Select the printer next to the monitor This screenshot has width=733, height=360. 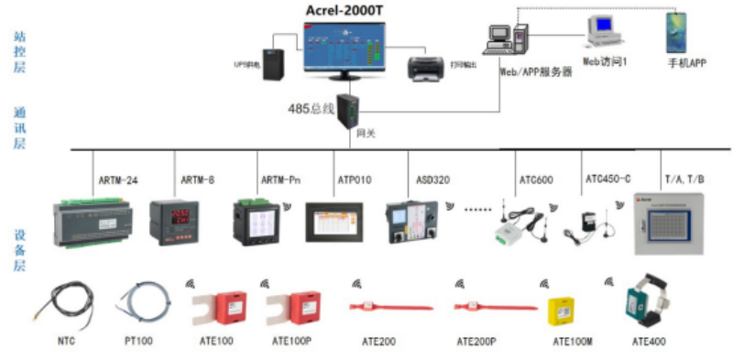click(428, 66)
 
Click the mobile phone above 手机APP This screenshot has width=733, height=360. click(677, 32)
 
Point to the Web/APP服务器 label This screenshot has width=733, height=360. click(536, 71)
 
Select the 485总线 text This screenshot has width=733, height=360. click(313, 109)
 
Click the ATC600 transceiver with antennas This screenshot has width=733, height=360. click(518, 224)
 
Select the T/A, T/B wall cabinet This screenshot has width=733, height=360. click(676, 224)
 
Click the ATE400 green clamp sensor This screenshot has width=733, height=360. click(648, 303)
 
